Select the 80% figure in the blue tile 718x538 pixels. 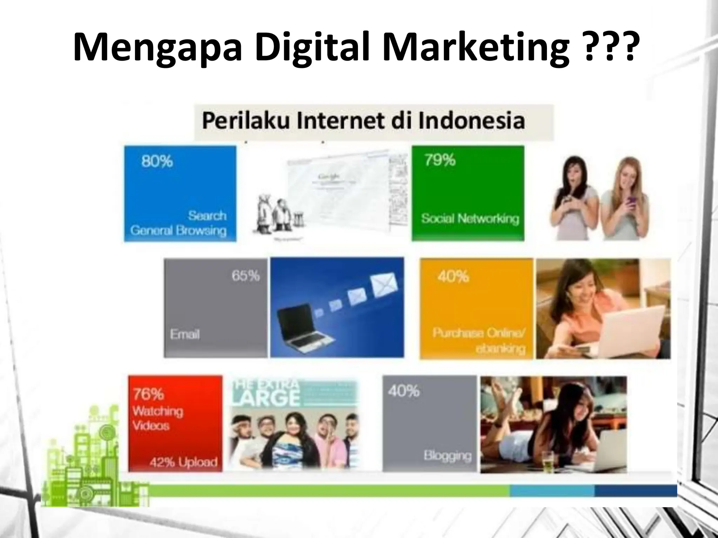[157, 161]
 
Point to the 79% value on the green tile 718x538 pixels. [440, 160]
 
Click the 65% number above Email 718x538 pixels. [245, 276]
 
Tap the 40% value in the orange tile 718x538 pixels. [453, 277]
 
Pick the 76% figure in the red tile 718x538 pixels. [148, 394]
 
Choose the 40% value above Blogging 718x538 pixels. [404, 391]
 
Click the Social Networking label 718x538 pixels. [470, 219]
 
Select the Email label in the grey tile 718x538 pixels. [185, 334]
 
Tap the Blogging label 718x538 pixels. [447, 455]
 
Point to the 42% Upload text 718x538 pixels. [183, 462]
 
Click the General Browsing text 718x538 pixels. [178, 230]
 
